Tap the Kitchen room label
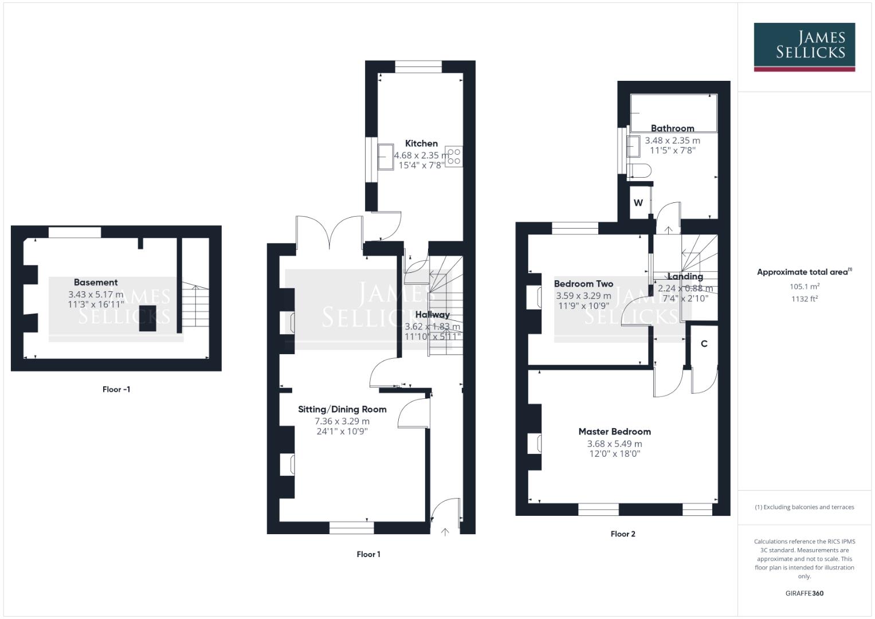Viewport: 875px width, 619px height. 421,143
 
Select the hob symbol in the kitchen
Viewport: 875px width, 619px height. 454,157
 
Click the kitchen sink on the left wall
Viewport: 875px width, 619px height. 384,156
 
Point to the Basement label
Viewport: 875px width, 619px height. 96,282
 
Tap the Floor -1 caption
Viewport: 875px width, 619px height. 116,389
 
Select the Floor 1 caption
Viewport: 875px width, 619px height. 368,554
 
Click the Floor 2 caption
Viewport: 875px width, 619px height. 623,534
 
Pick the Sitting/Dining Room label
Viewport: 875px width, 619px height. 342,409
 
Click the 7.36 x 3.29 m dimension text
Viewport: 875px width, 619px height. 342,421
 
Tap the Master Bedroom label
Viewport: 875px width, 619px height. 614,432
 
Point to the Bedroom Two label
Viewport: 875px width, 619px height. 583,284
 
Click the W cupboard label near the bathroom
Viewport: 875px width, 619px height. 638,203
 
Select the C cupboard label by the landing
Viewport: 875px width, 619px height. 704,344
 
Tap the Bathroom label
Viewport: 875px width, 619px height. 672,128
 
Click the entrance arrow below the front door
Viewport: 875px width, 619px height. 445,532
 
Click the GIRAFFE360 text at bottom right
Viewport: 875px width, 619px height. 804,593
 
